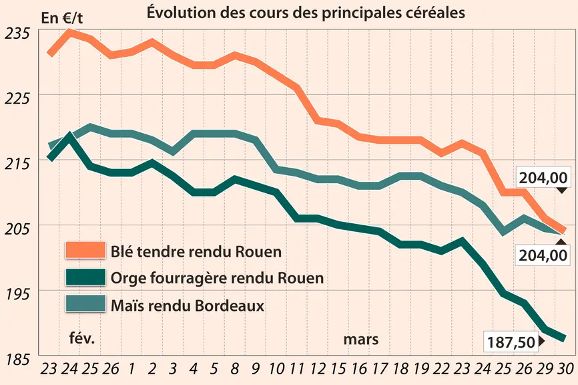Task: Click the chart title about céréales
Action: coord(306,13)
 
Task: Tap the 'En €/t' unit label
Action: coord(62,18)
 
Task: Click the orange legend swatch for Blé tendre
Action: coord(85,250)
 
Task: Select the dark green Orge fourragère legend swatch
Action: coord(85,277)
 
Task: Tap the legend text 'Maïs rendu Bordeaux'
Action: coord(188,305)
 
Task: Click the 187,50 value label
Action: coord(511,342)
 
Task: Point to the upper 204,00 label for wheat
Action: coord(543,178)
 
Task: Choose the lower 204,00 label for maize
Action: coord(543,255)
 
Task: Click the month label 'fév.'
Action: coord(82,338)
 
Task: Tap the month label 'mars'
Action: coord(361,340)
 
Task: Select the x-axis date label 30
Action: coord(564,368)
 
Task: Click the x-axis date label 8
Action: coord(234,368)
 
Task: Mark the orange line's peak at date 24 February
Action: coord(69,31)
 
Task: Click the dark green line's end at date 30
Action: coord(564,338)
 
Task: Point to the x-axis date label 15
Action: coord(338,368)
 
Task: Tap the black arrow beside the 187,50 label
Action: coord(541,341)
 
